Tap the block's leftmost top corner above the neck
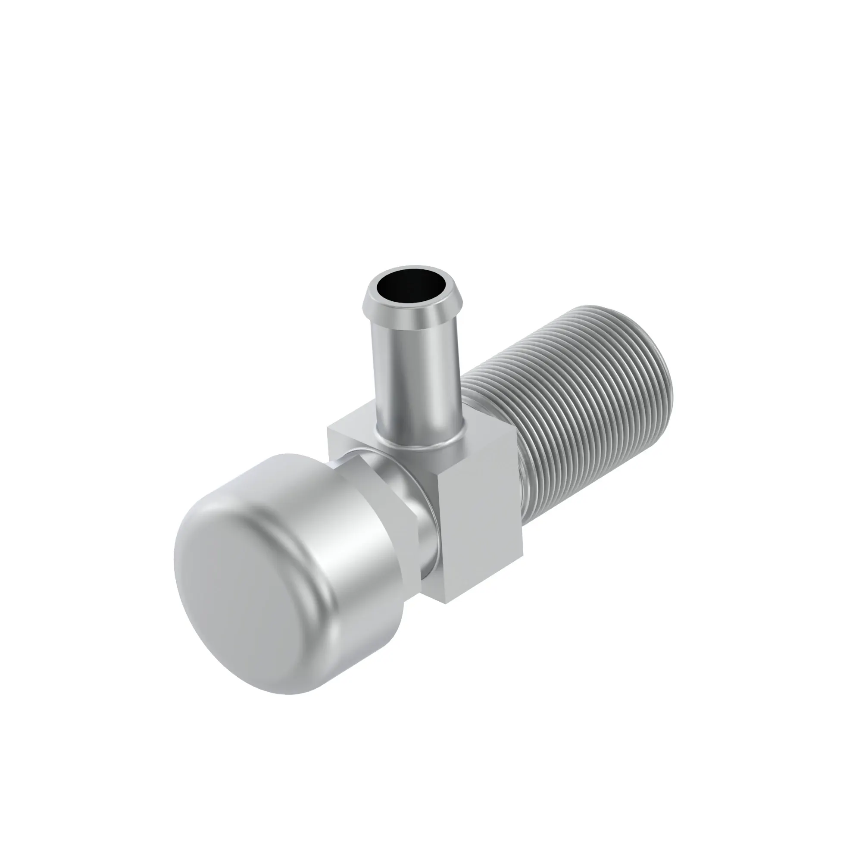[x=329, y=427]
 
